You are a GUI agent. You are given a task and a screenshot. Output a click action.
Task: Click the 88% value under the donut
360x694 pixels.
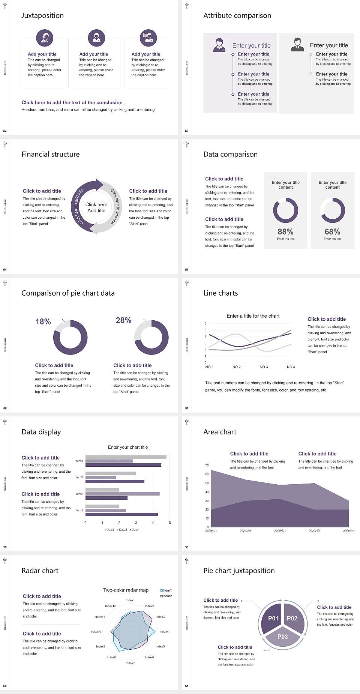coord(285,232)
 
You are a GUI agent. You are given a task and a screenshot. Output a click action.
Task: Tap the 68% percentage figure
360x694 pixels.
coord(332,232)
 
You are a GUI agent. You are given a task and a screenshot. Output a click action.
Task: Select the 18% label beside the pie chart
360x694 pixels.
coord(43,321)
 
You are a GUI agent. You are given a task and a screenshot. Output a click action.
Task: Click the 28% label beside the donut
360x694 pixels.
coord(123,320)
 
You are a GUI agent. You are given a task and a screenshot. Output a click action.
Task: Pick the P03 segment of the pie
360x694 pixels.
coord(283,637)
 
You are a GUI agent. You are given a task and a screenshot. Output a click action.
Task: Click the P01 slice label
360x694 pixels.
coord(273,618)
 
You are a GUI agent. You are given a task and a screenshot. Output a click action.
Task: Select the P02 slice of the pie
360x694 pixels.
coord(292,618)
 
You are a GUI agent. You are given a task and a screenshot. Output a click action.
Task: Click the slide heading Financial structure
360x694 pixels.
coord(51,154)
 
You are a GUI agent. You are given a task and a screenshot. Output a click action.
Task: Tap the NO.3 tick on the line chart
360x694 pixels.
coord(264,367)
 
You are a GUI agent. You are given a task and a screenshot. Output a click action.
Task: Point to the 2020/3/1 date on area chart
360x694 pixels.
coord(280,531)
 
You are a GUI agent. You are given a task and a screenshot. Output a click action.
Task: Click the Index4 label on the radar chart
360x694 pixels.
coord(164,632)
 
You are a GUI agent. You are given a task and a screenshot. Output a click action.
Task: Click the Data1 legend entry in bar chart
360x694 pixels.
coord(135,530)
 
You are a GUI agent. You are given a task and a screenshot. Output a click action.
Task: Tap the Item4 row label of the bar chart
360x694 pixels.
coord(79,461)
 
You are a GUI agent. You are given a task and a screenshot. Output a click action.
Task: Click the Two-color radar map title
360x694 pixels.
coord(126,590)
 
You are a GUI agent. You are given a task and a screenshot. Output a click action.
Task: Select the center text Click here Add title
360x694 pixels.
coord(96,207)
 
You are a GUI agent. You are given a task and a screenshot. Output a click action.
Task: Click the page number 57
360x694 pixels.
coord(187,408)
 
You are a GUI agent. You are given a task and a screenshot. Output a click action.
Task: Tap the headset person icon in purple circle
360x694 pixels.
coord(45,38)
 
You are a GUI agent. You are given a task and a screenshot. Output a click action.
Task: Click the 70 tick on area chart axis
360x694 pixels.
coord(207,466)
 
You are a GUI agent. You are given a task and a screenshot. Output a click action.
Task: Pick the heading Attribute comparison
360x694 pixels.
coord(237,15)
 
